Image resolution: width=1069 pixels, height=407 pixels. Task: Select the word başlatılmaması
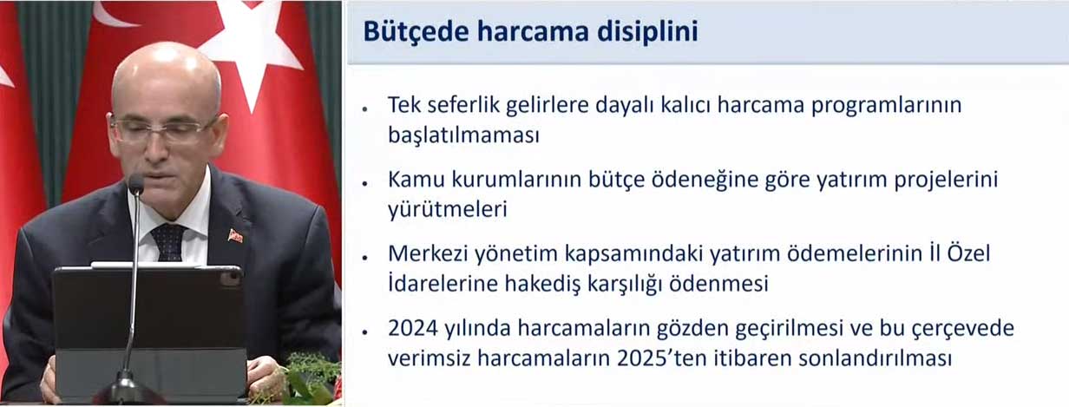pyautogui.click(x=463, y=135)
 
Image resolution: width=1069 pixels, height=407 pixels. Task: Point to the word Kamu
pyautogui.click(x=416, y=180)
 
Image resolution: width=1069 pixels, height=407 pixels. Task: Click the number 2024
pyautogui.click(x=412, y=328)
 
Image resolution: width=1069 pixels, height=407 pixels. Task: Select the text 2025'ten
pyautogui.click(x=661, y=358)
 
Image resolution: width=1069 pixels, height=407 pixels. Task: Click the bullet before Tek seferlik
pyautogui.click(x=365, y=109)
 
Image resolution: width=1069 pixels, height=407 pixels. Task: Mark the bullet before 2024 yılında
pyautogui.click(x=365, y=332)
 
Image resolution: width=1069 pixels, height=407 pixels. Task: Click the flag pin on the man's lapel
pyautogui.click(x=235, y=236)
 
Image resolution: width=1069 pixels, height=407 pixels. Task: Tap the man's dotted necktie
pyautogui.click(x=168, y=242)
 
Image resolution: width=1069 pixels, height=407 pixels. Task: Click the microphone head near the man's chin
pyautogui.click(x=136, y=184)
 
